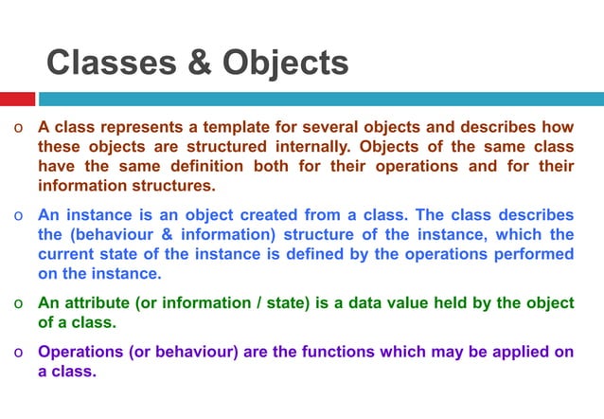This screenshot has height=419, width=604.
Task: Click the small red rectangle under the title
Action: pyautogui.click(x=17, y=99)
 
